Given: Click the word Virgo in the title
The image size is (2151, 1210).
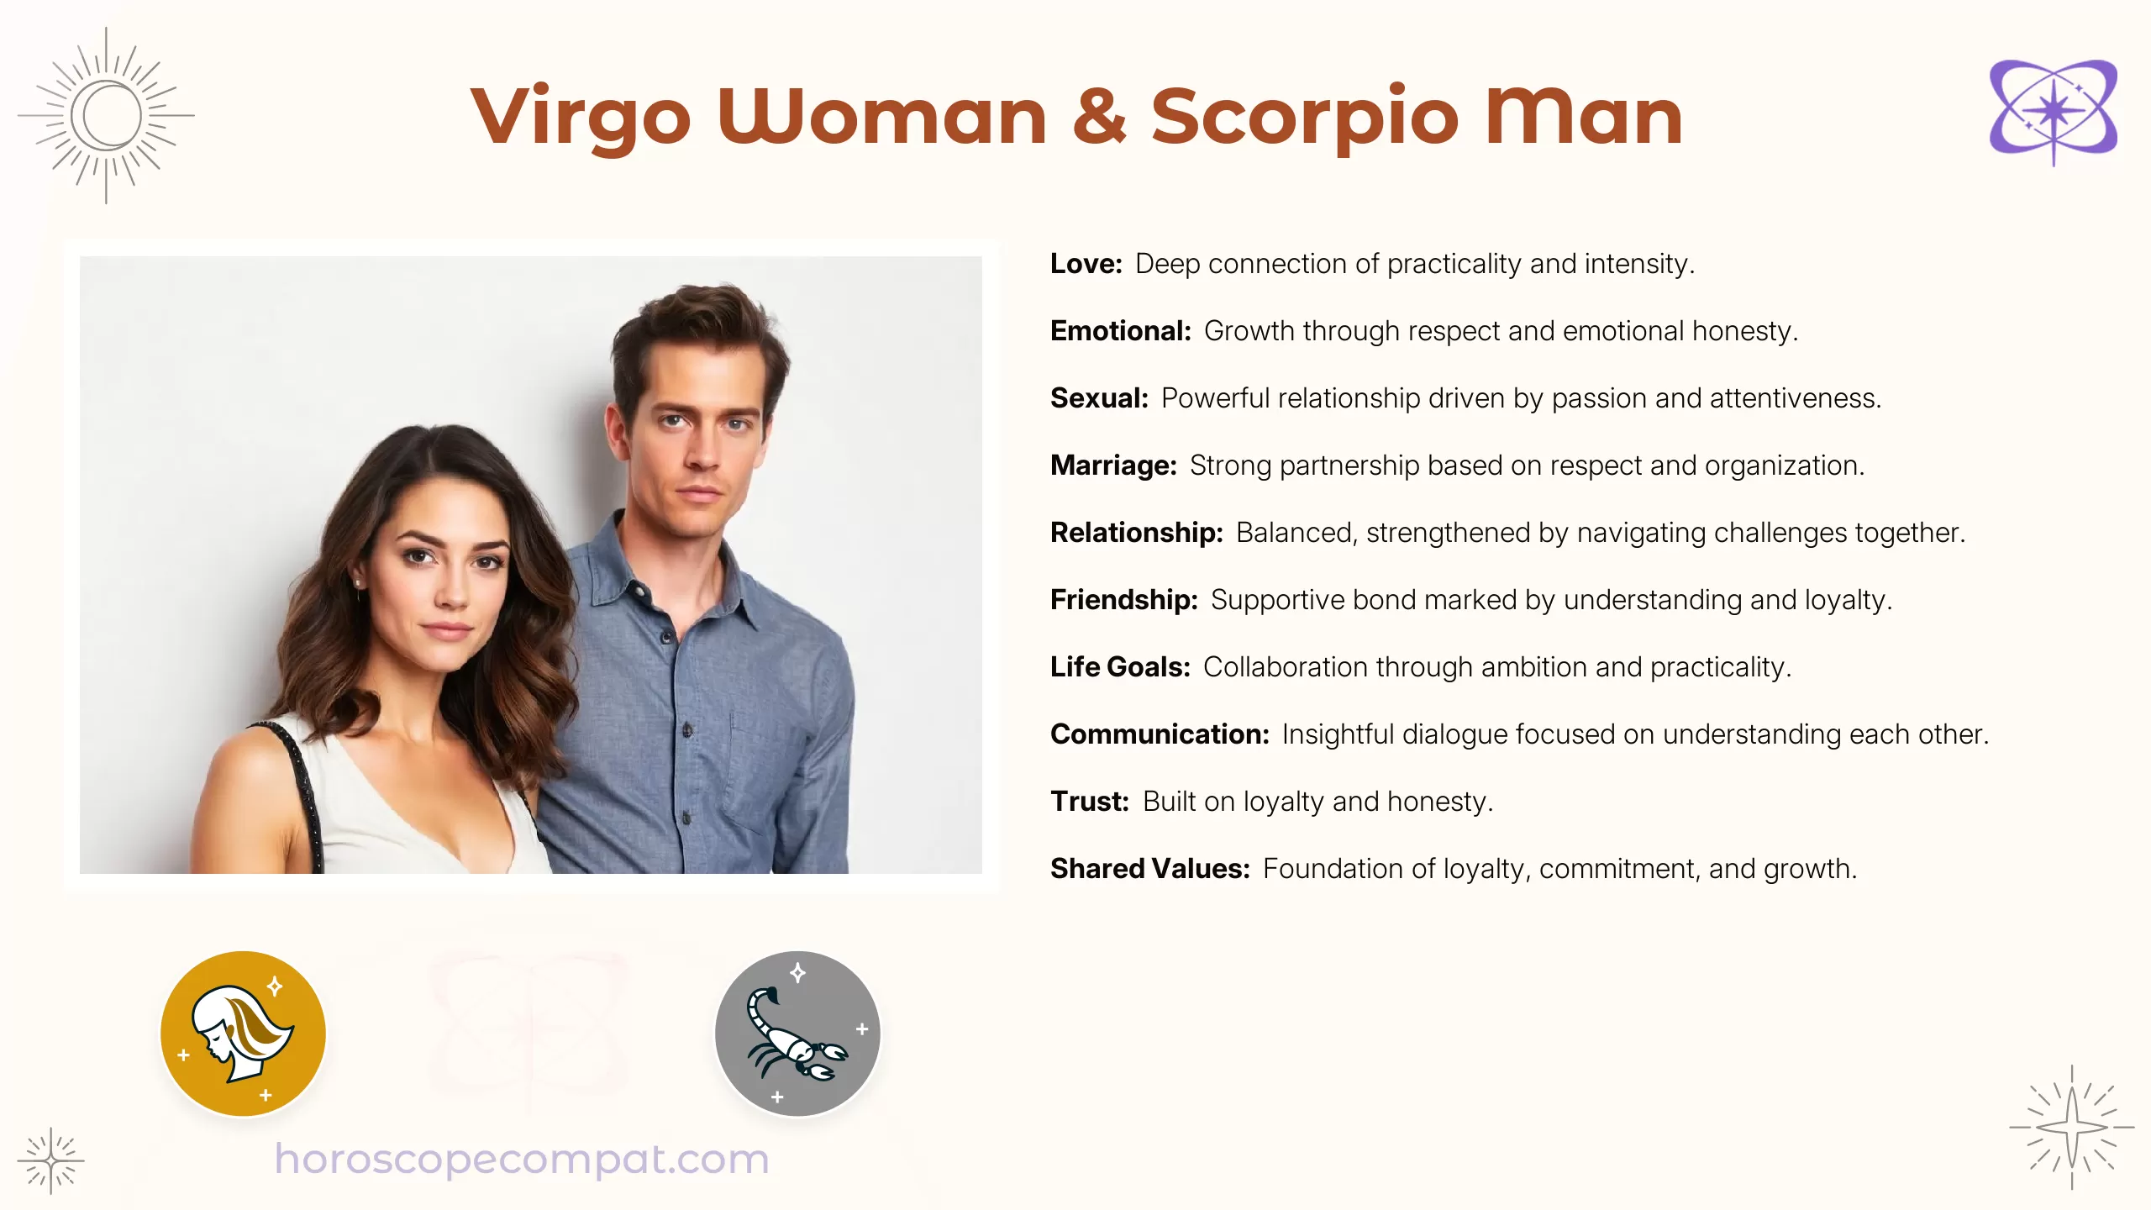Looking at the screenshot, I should coord(580,118).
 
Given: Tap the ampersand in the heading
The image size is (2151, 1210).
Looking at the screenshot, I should coord(1099,118).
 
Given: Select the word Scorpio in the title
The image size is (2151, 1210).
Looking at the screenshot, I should coord(1304,118).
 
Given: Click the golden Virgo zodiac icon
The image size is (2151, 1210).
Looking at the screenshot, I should coord(243,1034).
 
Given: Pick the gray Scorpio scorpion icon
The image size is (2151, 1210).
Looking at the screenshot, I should coord(797,1034).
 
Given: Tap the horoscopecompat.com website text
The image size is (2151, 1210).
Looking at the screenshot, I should coord(522,1160).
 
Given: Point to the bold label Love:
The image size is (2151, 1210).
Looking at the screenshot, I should coord(1086,264).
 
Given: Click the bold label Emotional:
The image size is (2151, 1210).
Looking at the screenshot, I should coord(1120,331).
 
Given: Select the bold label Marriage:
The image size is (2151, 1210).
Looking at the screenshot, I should coord(1113,466).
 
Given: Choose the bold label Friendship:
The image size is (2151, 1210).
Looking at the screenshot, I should coord(1123,600).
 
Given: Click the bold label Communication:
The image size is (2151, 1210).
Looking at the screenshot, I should coord(1160,734).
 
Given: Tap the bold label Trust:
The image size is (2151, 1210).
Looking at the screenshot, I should coord(1089,802).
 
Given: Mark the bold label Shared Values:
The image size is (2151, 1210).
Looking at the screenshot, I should coord(1149,869).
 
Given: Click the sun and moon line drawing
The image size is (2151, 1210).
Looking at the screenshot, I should coord(106,115).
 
